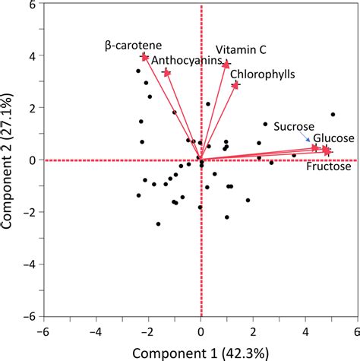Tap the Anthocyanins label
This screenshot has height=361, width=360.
click(185, 59)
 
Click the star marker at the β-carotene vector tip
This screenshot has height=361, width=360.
click(144, 57)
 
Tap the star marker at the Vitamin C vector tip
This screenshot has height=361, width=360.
click(226, 65)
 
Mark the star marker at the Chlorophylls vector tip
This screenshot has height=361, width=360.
click(235, 85)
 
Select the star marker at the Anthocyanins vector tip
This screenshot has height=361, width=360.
click(167, 72)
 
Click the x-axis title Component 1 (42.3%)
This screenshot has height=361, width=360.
click(201, 352)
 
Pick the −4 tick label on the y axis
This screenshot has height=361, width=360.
click(30, 264)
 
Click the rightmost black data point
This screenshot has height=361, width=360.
click(333, 115)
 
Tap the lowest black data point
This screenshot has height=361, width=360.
click(158, 224)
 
